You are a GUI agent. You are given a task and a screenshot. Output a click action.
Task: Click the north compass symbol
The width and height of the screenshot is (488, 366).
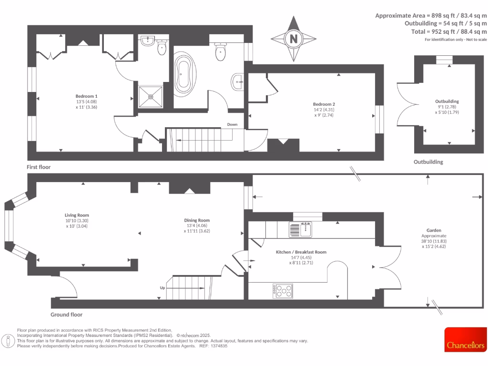point(293,39)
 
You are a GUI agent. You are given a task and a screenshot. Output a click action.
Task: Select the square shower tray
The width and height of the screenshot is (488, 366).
point(151,97)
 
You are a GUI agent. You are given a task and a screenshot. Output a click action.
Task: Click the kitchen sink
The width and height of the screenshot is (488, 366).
point(300,230)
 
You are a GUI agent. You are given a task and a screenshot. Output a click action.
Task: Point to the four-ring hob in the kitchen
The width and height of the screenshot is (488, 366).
point(283,291)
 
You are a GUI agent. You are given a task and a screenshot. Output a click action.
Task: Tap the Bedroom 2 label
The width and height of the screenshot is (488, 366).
point(324,104)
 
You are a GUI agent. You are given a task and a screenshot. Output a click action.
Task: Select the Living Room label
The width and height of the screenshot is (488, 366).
point(77,215)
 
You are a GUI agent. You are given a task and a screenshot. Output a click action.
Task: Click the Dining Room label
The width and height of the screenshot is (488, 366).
point(197,220)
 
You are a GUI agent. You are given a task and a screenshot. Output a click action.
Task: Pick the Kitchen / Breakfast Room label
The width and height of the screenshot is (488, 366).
point(301,252)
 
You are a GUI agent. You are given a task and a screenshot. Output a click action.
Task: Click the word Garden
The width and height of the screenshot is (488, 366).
point(434,230)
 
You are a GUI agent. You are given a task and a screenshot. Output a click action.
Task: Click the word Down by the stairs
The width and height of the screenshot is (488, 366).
point(232,124)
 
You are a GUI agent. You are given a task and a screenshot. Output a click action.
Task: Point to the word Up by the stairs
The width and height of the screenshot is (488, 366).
point(163,288)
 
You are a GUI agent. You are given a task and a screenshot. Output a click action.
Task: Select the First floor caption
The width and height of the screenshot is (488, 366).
point(39,167)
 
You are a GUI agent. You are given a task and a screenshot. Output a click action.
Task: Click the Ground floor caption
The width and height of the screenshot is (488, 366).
point(66,315)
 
